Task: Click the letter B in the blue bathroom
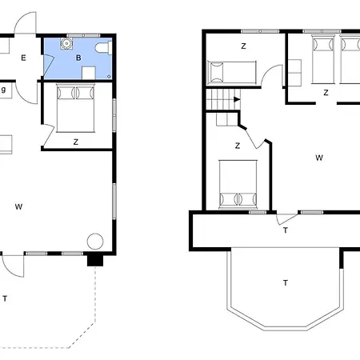[x=78, y=58]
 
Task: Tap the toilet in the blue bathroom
[x=103, y=48]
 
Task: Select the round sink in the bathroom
[x=66, y=43]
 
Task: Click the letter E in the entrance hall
[x=23, y=58]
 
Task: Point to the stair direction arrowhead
[x=237, y=99]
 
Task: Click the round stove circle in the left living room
[x=95, y=242]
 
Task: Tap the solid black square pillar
[x=95, y=260]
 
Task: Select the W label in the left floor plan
[x=18, y=206]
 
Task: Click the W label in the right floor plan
[x=319, y=158]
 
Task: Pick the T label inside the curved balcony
[x=286, y=282]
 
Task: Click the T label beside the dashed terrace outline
[x=5, y=298]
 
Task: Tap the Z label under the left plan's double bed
[x=76, y=142]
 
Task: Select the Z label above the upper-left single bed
[x=243, y=46]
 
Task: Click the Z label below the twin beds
[x=326, y=93]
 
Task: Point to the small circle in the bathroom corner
[x=109, y=77]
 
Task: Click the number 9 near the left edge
[x=3, y=90]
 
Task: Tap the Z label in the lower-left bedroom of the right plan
[x=238, y=146]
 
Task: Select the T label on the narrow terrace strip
[x=286, y=230]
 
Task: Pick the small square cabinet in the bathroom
[x=89, y=73]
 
